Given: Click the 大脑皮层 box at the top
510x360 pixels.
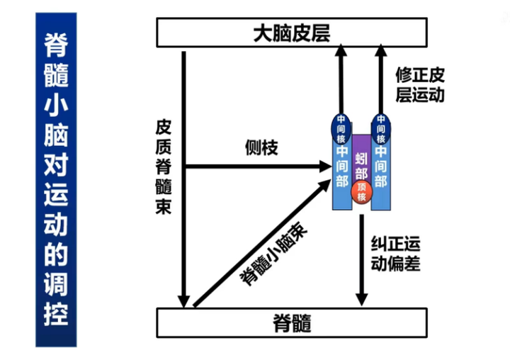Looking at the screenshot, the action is pyautogui.click(x=292, y=32).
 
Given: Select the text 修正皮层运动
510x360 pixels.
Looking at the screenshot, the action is pyautogui.click(x=421, y=84).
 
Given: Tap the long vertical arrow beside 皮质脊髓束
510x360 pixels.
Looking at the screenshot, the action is pyautogui.click(x=184, y=177).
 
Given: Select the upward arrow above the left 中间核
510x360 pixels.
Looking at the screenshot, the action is pyautogui.click(x=342, y=78).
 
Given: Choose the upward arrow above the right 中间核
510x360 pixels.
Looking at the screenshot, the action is pyautogui.click(x=382, y=78).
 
